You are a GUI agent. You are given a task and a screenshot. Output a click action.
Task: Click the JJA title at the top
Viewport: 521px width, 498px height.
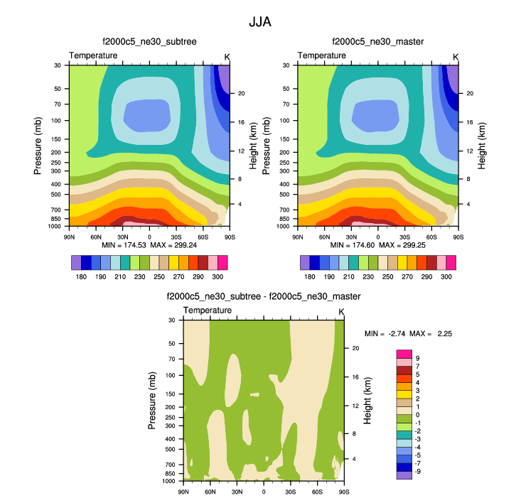(x=260, y=22)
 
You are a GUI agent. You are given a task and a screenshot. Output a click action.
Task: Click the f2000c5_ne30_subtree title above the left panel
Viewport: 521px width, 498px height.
(x=149, y=42)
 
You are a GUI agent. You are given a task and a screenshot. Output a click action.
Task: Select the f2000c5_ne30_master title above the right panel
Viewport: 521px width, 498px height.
(x=377, y=42)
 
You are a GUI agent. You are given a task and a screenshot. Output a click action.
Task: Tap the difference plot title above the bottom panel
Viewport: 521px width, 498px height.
(x=264, y=296)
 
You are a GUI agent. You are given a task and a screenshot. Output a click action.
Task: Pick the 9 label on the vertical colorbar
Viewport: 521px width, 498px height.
(x=417, y=358)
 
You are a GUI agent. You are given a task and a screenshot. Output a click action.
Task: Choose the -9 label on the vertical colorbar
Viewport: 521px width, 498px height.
(x=419, y=471)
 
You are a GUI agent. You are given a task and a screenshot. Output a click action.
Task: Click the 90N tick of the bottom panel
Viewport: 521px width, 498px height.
(x=183, y=491)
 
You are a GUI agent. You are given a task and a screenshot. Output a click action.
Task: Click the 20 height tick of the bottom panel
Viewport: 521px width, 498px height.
(x=356, y=348)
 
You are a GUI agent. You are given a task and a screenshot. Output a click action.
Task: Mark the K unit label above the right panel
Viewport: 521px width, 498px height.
(x=456, y=56)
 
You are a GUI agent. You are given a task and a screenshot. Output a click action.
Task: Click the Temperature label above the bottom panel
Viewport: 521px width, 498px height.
(x=208, y=311)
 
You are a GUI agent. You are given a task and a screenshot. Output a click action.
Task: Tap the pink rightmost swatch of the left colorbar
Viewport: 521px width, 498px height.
(x=222, y=263)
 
